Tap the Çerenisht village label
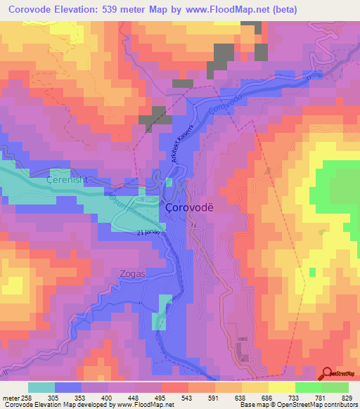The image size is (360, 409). click(x=65, y=181)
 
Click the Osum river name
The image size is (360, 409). click(x=116, y=202)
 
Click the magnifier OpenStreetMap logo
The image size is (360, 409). click(x=329, y=373)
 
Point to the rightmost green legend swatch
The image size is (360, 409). click(x=335, y=387)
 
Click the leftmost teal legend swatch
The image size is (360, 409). click(x=41, y=387)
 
